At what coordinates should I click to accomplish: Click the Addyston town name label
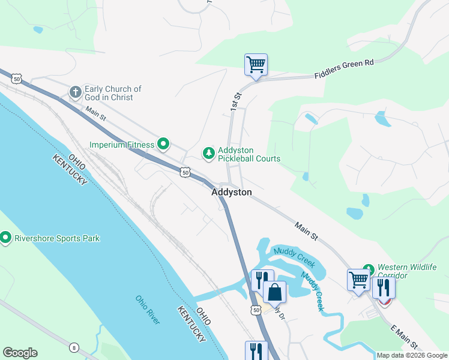pyautogui.click(x=231, y=193)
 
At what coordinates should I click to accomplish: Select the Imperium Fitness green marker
pyautogui.click(x=163, y=144)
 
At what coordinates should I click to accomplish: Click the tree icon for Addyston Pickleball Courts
pyautogui.click(x=208, y=154)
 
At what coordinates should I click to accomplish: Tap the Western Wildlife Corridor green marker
pyautogui.click(x=368, y=268)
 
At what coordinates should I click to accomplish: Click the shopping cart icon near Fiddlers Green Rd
pyautogui.click(x=256, y=64)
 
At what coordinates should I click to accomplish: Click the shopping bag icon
pyautogui.click(x=275, y=292)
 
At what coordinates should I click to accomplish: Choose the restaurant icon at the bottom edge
pyautogui.click(x=256, y=350)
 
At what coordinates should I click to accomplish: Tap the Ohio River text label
pyautogui.click(x=148, y=310)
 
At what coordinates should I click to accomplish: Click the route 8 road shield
pyautogui.click(x=73, y=347)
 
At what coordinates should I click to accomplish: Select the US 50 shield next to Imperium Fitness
pyautogui.click(x=185, y=172)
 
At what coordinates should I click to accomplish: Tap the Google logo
pyautogui.click(x=20, y=353)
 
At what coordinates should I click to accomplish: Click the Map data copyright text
pyautogui.click(x=412, y=355)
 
